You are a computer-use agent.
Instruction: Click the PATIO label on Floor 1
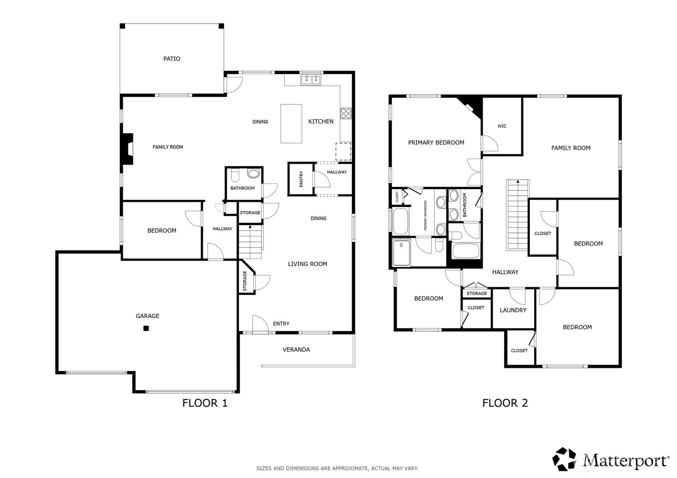[x=172, y=59]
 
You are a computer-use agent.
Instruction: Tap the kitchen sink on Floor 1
[x=311, y=80]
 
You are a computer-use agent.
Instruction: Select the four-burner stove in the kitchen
[x=346, y=113]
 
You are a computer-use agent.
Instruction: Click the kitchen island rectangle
[x=291, y=124]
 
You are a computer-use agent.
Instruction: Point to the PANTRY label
[x=301, y=179]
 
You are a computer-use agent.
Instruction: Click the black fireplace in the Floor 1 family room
[x=127, y=149]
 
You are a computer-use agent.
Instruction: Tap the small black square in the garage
[x=146, y=328]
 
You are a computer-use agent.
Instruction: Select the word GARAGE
[x=148, y=316]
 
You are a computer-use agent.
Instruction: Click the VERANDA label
[x=296, y=349]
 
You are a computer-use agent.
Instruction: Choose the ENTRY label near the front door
[x=281, y=324]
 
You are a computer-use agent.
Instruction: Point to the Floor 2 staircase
[x=518, y=215]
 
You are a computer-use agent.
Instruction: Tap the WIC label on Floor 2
[x=502, y=126]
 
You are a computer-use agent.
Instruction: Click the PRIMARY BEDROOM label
[x=436, y=142]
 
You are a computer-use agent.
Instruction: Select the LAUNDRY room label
[x=513, y=310]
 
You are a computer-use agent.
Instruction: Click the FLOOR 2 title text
[x=505, y=403]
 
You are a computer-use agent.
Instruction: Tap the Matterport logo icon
[x=564, y=459]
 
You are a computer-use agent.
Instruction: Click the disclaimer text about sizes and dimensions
[x=337, y=468]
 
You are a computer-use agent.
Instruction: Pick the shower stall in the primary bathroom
[x=401, y=253]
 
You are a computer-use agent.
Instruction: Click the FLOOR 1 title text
[x=205, y=403]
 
